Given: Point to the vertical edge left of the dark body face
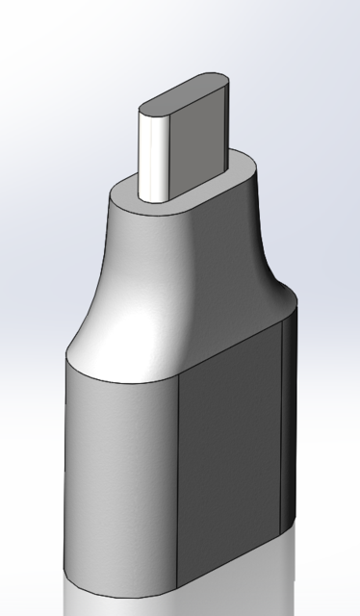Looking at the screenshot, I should (x=180, y=481).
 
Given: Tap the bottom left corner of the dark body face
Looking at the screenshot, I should (x=180, y=585).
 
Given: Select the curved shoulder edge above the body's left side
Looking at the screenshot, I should (x=106, y=371).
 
